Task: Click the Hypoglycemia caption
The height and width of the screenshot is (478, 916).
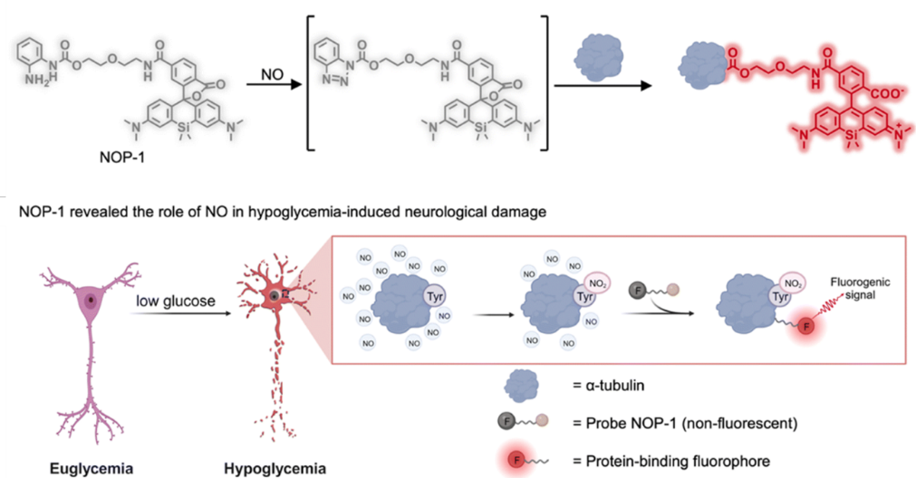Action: tap(269, 468)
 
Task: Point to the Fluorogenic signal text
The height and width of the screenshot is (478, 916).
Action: tap(863, 288)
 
